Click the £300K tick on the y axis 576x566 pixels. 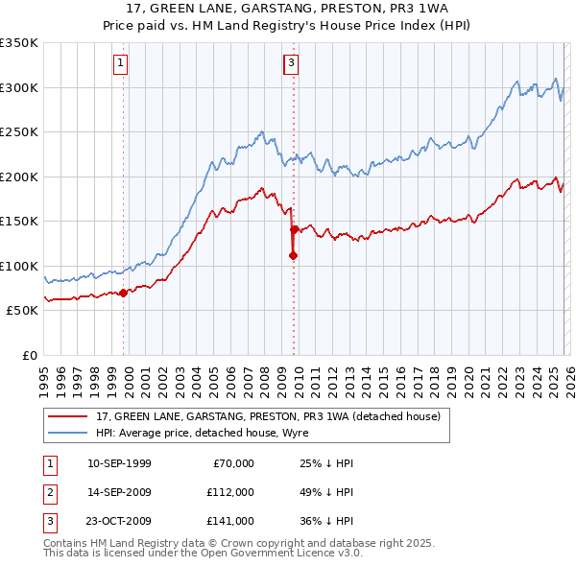[19, 87]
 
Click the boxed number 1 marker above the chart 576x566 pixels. [122, 63]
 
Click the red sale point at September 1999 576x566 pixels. [123, 293]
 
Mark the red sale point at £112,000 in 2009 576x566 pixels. [293, 255]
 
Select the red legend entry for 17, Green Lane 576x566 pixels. [268, 416]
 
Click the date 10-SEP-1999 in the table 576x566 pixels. [119, 463]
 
